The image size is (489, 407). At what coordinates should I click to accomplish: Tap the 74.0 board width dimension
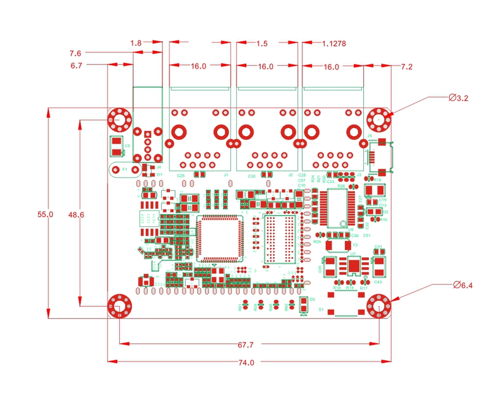(x=246, y=363)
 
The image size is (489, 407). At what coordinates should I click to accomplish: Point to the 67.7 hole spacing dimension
(x=245, y=345)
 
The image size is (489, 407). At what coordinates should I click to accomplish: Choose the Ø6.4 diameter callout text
(x=463, y=285)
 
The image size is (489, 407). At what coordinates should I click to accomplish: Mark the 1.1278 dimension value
(x=334, y=43)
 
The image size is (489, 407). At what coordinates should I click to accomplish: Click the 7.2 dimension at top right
(x=406, y=66)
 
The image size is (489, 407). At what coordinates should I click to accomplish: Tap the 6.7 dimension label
(x=76, y=65)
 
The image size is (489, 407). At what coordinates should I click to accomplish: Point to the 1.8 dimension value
(x=136, y=43)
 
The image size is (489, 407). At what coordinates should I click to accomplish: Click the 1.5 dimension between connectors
(x=262, y=43)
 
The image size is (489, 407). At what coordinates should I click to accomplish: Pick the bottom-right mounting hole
(x=379, y=306)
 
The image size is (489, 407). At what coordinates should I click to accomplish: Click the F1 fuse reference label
(x=125, y=170)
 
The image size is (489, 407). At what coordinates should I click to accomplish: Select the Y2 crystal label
(x=355, y=244)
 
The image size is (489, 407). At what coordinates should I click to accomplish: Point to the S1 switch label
(x=321, y=310)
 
